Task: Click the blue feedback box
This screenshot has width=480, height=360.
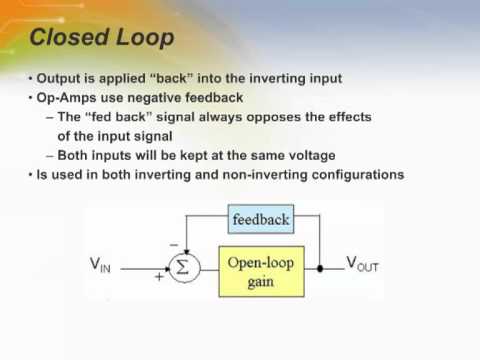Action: coord(260,219)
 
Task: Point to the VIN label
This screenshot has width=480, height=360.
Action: coord(101,265)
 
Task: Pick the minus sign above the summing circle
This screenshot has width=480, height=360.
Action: coord(173,243)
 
